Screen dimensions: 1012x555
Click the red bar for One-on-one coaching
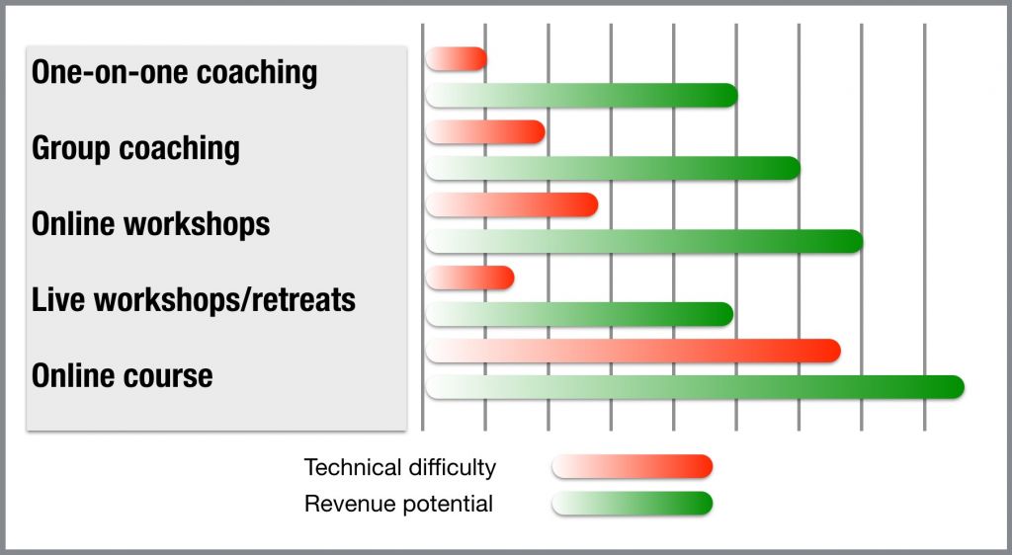[456, 59]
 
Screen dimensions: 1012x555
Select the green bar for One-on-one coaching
[581, 96]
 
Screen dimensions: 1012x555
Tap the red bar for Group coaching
[485, 132]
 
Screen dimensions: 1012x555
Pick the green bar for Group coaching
[613, 168]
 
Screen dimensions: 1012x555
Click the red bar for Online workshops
[512, 205]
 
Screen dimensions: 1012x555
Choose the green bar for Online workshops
[644, 241]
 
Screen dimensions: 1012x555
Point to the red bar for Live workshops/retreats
[469, 277]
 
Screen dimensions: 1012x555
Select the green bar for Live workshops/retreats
[579, 314]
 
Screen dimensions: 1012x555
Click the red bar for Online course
[633, 351]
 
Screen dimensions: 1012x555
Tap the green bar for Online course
[695, 387]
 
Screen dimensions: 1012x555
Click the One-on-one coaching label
[174, 72]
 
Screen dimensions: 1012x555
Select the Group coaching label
[135, 148]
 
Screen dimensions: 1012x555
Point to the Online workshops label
[150, 224]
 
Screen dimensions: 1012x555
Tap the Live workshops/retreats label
[193, 300]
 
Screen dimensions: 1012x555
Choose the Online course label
[122, 376]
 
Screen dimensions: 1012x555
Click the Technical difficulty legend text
[400, 467]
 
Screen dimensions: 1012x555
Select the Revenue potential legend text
[399, 504]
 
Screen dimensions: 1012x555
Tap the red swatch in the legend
[632, 467]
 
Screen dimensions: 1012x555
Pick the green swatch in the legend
[632, 504]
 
